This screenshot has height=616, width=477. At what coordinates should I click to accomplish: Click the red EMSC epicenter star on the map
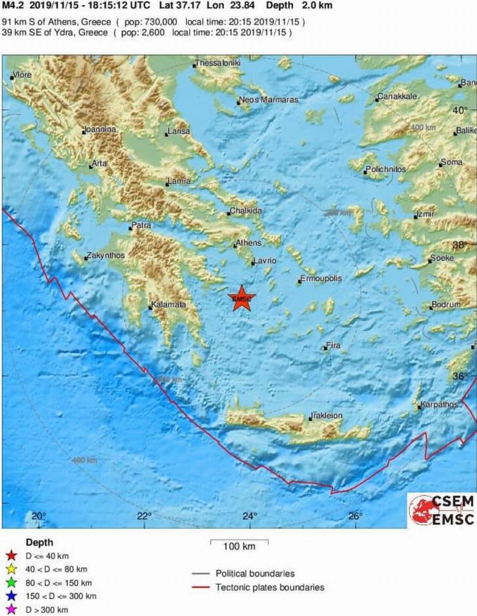point(242,298)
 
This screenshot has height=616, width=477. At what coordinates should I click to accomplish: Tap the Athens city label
point(249,243)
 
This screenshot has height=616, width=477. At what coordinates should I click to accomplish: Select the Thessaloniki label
point(218,63)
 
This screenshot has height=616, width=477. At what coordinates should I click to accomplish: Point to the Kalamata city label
point(169,305)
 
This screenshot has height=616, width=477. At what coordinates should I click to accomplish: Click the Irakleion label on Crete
point(327,416)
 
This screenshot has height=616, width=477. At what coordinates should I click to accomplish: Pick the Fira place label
point(333,346)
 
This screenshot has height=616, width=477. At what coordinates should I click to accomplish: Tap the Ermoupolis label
point(322,279)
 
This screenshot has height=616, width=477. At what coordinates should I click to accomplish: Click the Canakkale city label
point(398,97)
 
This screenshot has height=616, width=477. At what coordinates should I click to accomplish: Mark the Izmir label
point(426,214)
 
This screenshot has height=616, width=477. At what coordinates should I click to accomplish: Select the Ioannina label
point(101,129)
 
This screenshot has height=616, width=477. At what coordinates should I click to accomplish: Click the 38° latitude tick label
point(461,245)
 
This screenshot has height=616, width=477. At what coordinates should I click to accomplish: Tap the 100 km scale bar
point(240,541)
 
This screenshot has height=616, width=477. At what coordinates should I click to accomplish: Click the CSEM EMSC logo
point(441,510)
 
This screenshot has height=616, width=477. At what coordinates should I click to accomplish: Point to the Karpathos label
point(439,405)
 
